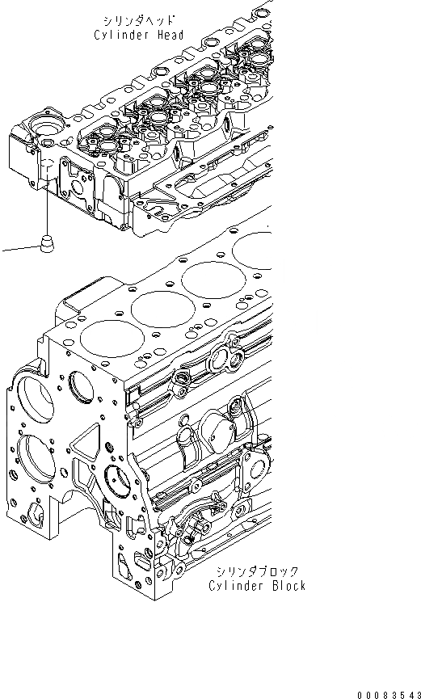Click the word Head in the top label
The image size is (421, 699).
pos(169,36)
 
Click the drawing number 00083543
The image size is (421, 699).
pos(385,692)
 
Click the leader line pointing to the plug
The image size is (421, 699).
pos(18,249)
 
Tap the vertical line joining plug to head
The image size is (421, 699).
pos(48,206)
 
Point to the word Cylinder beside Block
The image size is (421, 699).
pos(238,586)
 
